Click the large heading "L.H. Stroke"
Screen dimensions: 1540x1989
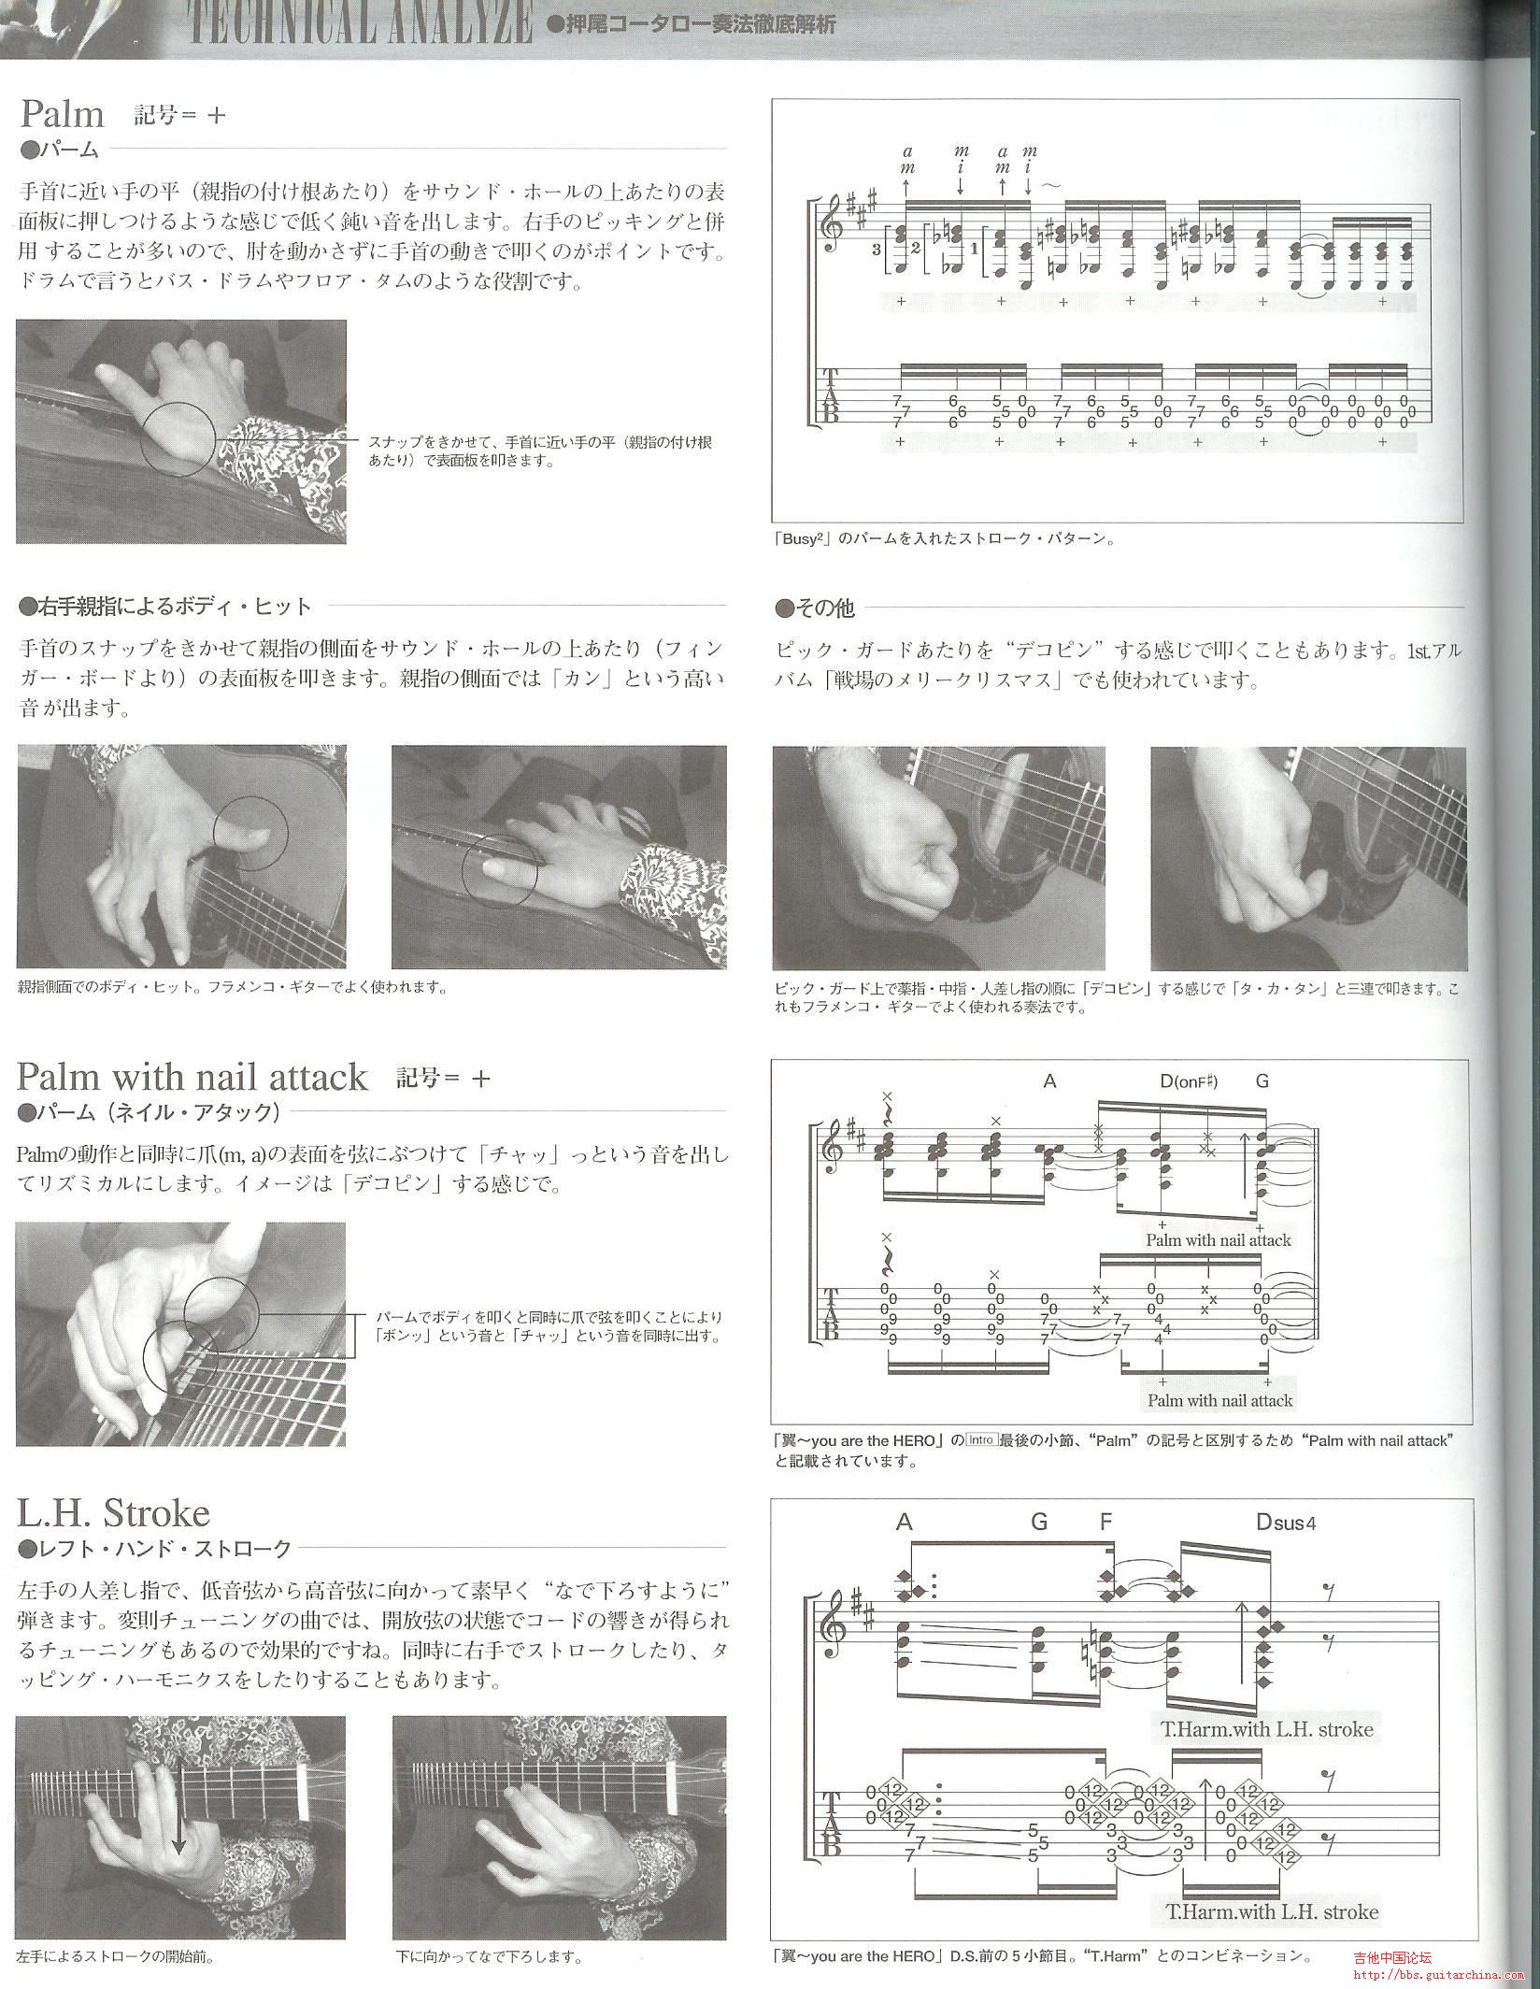pyautogui.click(x=113, y=1512)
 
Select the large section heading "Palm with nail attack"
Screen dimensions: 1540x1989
pyautogui.click(x=192, y=1078)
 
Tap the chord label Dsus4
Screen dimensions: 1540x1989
pyautogui.click(x=1286, y=1523)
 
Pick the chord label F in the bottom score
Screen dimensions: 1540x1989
pyautogui.click(x=1106, y=1522)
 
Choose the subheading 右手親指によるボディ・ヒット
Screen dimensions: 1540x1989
pyautogui.click(x=164, y=607)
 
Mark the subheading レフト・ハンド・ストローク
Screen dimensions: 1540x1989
pyautogui.click(x=155, y=1549)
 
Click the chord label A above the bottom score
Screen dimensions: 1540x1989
pyautogui.click(x=903, y=1522)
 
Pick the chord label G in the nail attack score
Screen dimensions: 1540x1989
pyautogui.click(x=1262, y=1081)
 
